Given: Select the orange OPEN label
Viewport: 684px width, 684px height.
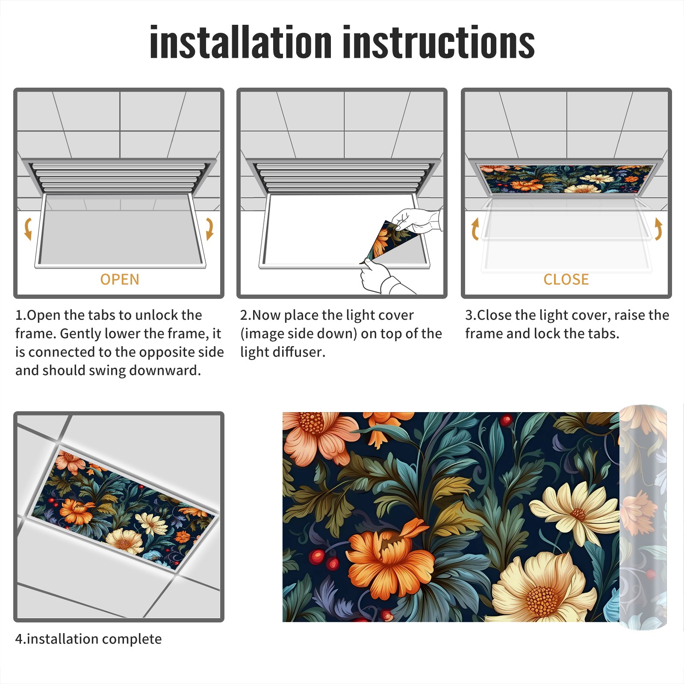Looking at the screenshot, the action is point(120,280).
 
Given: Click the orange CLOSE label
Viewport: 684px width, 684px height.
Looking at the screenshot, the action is point(566,280).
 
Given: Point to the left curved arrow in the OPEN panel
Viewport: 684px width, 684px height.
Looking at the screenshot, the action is point(28,229).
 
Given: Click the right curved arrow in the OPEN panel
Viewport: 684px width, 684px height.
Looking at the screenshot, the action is point(209,229).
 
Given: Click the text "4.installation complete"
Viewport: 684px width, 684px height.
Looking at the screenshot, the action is point(88,639).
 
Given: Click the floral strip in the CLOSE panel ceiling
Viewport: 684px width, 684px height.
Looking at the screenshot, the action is point(566,179).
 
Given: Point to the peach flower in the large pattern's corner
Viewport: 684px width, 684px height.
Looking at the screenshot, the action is point(316,436).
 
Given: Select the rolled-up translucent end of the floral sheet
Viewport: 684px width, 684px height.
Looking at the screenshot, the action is point(643,517).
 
